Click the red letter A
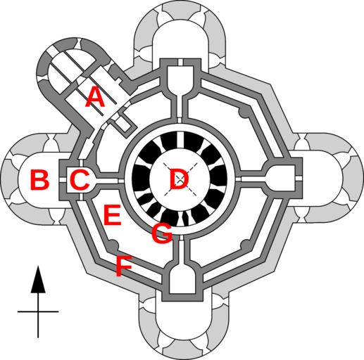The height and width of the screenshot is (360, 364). (x=95, y=96)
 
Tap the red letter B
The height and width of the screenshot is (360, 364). (x=39, y=179)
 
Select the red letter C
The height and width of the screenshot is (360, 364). (x=80, y=179)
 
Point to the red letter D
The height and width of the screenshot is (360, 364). (x=180, y=179)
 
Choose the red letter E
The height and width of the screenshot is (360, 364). (x=113, y=214)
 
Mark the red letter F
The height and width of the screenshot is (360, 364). (x=124, y=266)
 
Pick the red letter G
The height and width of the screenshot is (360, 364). (x=162, y=233)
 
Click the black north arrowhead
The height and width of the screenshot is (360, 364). (x=38, y=279)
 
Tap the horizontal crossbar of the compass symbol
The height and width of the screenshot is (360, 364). (x=38, y=311)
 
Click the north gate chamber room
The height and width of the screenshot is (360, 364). (x=180, y=79)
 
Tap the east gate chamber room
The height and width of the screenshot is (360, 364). (x=280, y=179)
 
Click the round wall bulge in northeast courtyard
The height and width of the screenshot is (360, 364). (x=244, y=112)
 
